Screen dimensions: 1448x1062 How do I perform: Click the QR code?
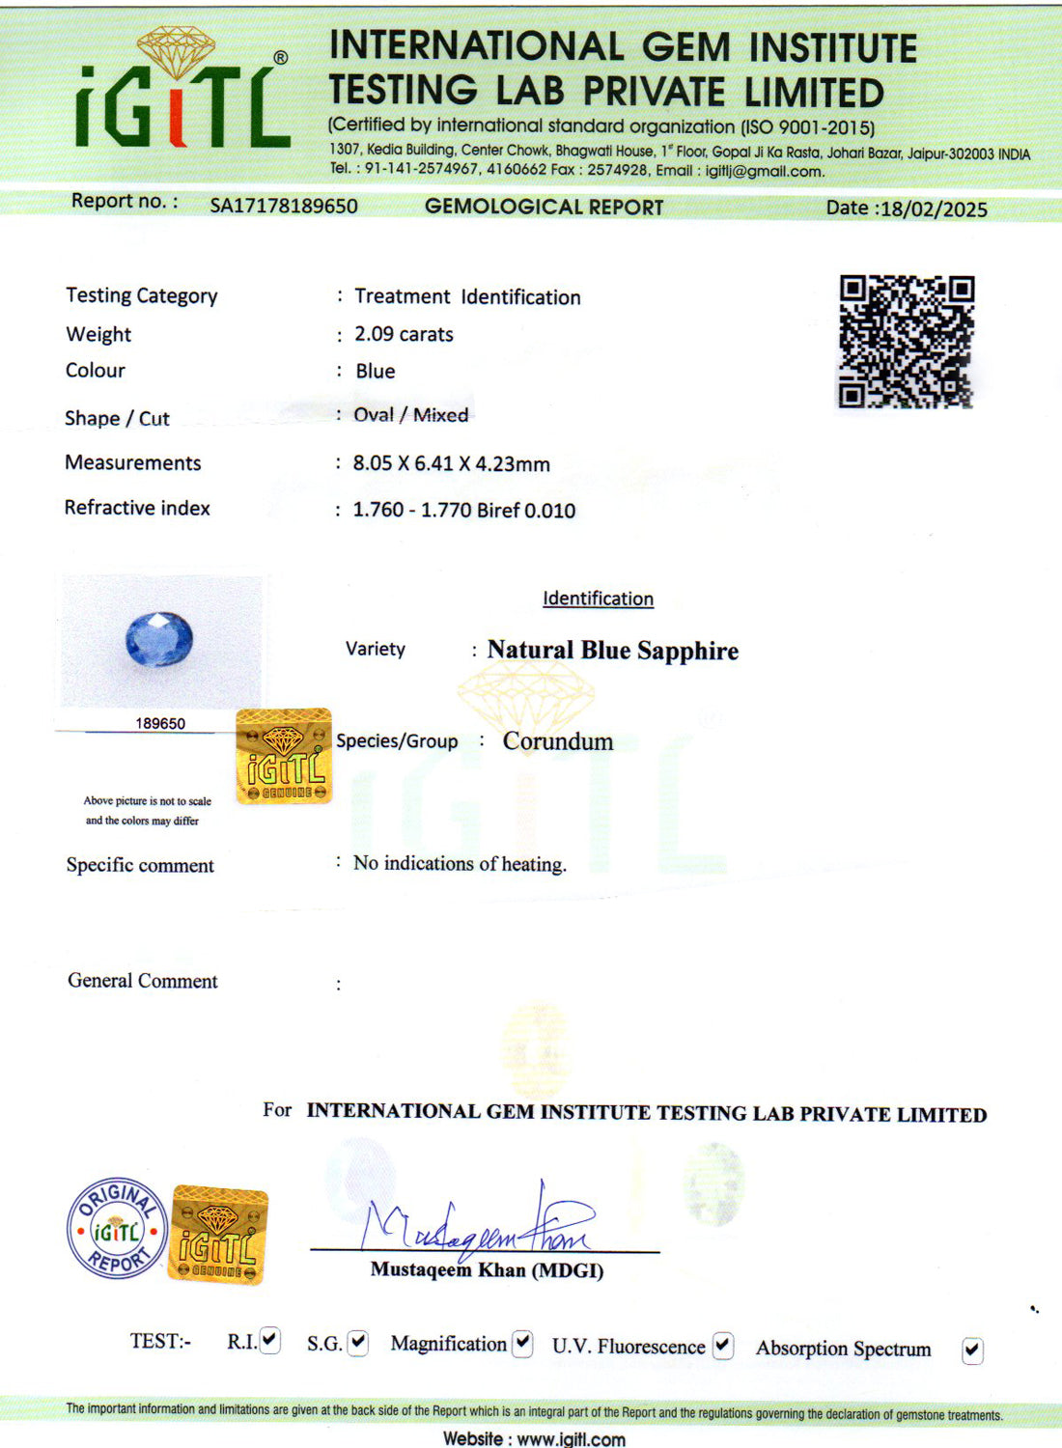(906, 342)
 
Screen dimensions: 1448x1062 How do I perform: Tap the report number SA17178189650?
(284, 206)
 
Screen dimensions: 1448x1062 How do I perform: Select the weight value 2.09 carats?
(404, 334)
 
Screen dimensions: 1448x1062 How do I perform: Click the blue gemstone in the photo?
(159, 639)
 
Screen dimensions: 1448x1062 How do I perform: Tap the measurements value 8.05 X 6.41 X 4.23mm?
(451, 463)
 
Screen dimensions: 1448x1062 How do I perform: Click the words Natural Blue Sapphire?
(612, 651)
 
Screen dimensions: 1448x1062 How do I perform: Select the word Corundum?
(557, 741)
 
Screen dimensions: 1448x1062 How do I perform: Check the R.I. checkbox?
(270, 1340)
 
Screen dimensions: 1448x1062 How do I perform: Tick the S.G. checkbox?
(358, 1342)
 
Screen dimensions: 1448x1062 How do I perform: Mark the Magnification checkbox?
(522, 1343)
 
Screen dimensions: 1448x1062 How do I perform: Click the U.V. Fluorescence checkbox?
(723, 1345)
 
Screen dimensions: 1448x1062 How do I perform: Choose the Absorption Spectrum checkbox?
(972, 1351)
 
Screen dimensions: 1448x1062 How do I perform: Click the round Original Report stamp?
(117, 1230)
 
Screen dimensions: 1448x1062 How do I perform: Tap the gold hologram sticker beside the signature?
(218, 1236)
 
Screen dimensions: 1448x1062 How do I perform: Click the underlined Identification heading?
(598, 599)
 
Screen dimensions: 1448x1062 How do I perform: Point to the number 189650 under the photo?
(160, 723)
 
